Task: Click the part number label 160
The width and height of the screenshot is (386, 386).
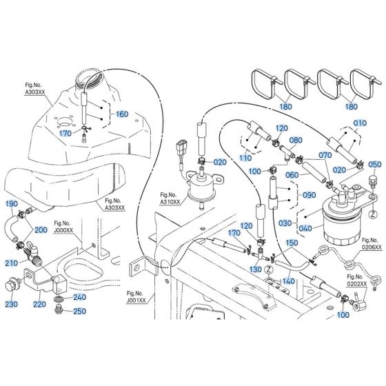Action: tap(122, 114)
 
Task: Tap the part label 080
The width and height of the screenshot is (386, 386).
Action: tap(296, 141)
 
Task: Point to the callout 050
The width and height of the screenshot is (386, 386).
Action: tap(374, 165)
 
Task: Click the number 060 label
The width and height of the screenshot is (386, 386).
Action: tap(292, 174)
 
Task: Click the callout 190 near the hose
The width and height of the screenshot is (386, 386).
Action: tap(12, 204)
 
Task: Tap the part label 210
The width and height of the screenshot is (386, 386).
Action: tap(12, 263)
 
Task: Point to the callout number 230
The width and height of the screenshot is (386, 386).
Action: tap(12, 303)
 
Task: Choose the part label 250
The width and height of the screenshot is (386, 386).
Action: tap(79, 312)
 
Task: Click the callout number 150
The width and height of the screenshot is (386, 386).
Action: tap(292, 243)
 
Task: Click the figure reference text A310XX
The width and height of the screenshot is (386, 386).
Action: tap(170, 202)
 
